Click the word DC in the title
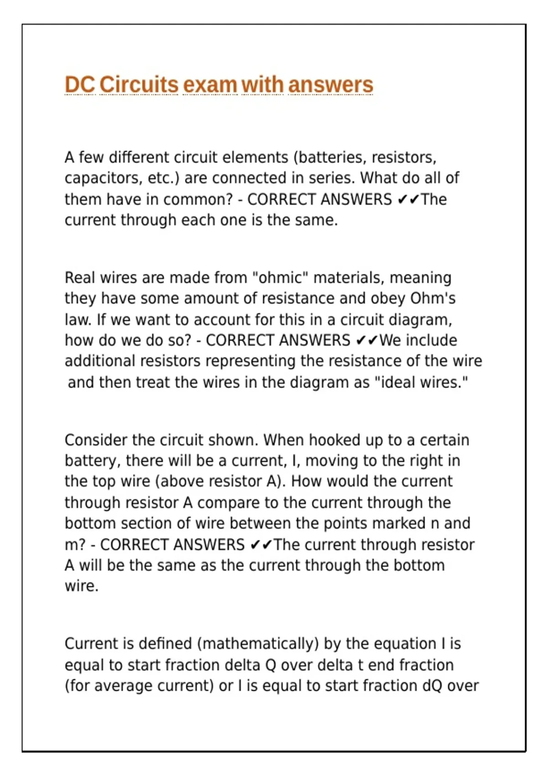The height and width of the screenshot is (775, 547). click(x=80, y=85)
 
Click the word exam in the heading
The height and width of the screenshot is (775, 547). click(x=210, y=85)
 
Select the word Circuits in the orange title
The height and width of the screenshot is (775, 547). click(x=139, y=85)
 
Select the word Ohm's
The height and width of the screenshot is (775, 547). click(x=433, y=298)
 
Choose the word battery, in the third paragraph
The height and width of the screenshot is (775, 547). click(x=93, y=460)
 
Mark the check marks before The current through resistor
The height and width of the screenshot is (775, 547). click(x=262, y=544)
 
